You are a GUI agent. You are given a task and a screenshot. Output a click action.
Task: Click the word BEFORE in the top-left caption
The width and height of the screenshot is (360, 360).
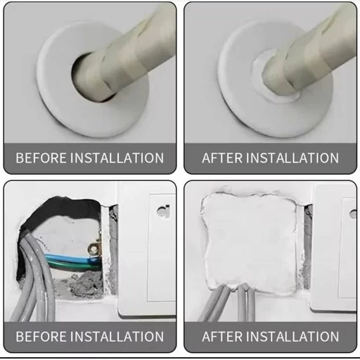click(x=41, y=157)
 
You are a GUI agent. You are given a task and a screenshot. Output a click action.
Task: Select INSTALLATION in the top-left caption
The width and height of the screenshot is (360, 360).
click(x=117, y=157)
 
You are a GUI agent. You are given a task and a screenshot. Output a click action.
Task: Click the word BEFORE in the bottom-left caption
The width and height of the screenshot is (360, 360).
click(x=41, y=336)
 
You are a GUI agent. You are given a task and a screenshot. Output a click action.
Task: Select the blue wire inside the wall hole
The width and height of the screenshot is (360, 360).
click(x=72, y=259)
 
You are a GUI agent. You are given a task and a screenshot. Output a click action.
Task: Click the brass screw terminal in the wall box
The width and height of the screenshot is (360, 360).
click(x=94, y=249)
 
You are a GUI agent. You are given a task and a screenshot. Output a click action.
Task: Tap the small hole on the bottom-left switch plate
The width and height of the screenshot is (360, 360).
click(x=163, y=212)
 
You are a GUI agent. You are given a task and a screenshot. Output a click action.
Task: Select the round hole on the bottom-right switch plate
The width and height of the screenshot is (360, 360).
click(x=353, y=214)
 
